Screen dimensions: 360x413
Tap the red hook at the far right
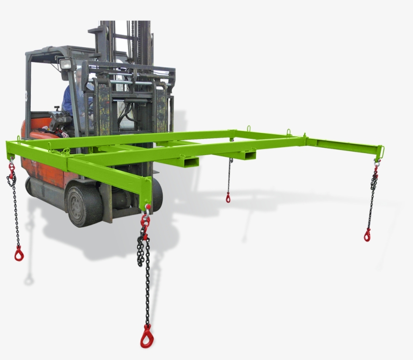click(368, 235)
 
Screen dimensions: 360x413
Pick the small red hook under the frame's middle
click(228, 197)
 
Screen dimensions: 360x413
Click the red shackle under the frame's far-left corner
click(11, 167)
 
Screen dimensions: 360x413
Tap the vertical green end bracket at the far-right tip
click(381, 151)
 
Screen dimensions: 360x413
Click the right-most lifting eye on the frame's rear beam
click(290, 132)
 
